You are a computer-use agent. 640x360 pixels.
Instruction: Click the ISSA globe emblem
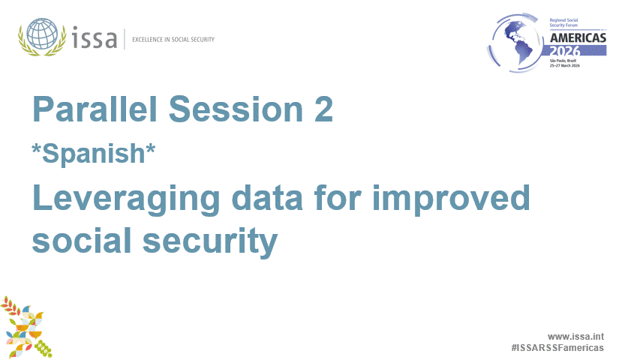coord(42,36)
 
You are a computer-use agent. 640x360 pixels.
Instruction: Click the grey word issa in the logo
coord(95,37)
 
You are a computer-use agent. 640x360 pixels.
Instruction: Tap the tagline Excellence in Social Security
coord(173,40)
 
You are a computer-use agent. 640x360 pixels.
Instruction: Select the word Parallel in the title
coord(95,109)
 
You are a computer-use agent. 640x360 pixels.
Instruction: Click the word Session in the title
coord(236,109)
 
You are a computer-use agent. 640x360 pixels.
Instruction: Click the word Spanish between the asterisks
coord(94,154)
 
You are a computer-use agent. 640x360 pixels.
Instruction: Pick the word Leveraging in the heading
coord(127,199)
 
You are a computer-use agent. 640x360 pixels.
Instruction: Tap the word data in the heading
coord(267,197)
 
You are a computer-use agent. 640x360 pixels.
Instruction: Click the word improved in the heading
coord(451,199)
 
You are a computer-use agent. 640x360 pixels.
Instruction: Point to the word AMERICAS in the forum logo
coord(578,38)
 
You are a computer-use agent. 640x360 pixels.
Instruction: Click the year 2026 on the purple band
coord(565,51)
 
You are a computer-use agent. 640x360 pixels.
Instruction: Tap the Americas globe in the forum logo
coord(518,43)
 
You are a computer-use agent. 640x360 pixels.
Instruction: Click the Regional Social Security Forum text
coord(563,22)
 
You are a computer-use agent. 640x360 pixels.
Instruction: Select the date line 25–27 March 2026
coord(564,65)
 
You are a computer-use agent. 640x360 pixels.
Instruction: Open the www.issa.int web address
coord(575,337)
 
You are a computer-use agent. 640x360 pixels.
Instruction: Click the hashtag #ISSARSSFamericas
coord(557,348)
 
